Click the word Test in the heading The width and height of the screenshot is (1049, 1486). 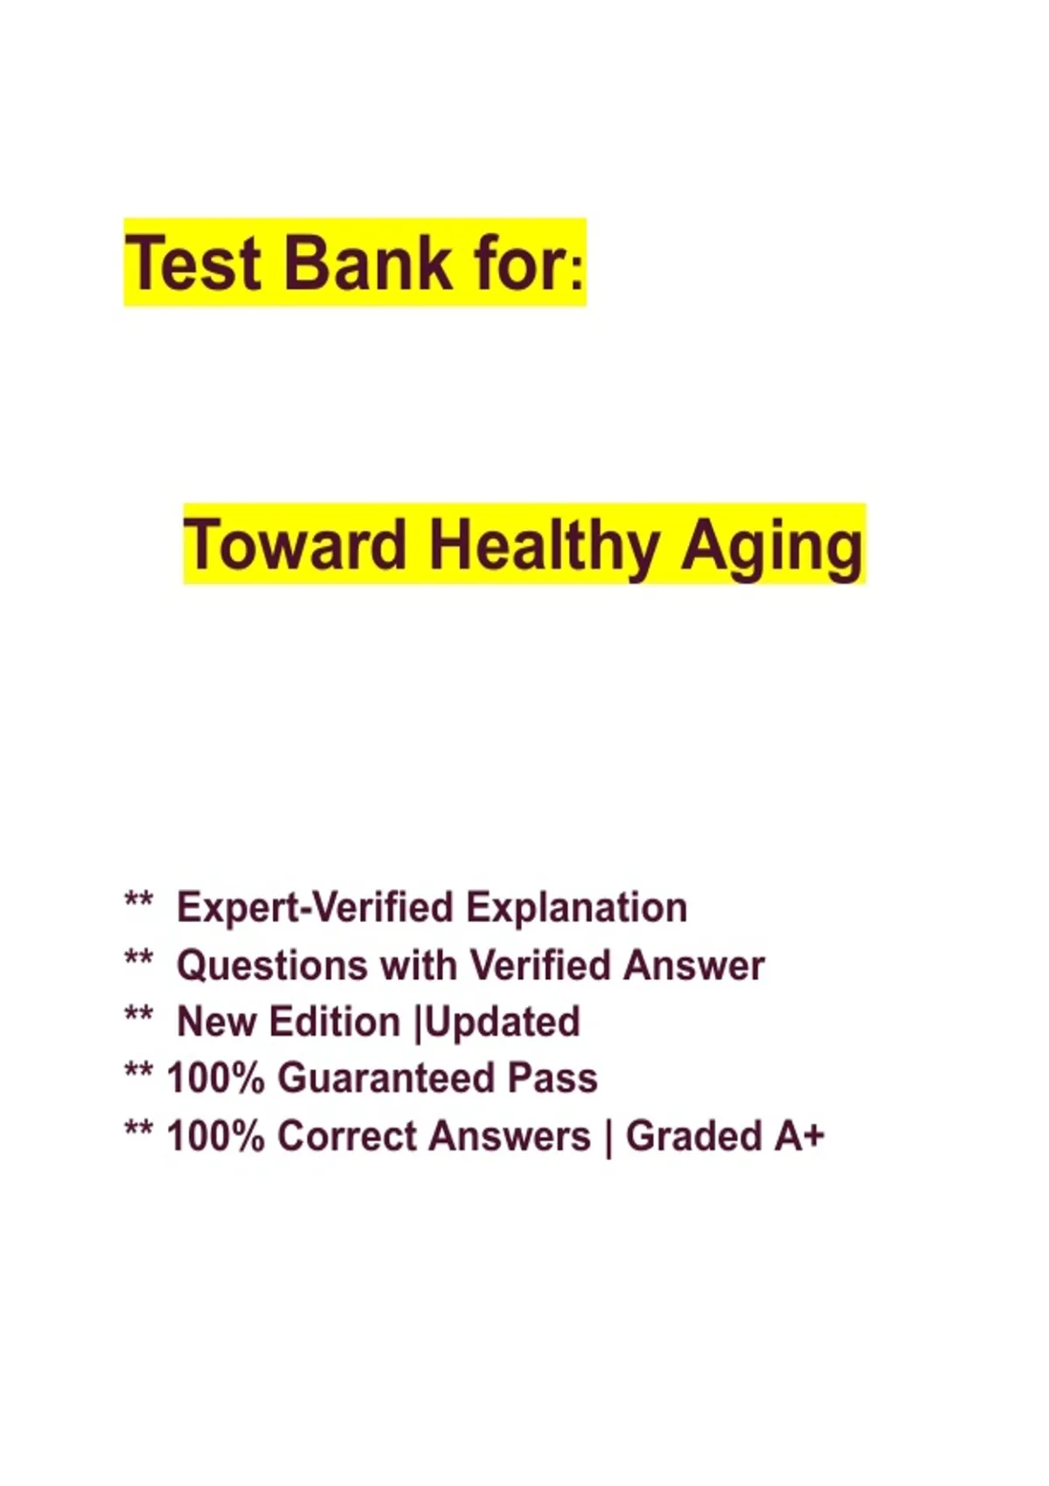(192, 263)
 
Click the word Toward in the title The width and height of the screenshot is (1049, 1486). (295, 546)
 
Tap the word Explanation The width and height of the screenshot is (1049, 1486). (576, 907)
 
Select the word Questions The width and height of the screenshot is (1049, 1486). (272, 965)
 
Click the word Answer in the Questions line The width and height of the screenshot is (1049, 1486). (693, 965)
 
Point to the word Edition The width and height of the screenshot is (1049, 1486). (335, 1022)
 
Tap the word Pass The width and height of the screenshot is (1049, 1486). (552, 1078)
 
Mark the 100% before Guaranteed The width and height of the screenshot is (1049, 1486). (216, 1078)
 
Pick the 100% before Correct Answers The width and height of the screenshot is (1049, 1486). (216, 1135)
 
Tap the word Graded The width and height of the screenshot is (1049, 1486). (693, 1135)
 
